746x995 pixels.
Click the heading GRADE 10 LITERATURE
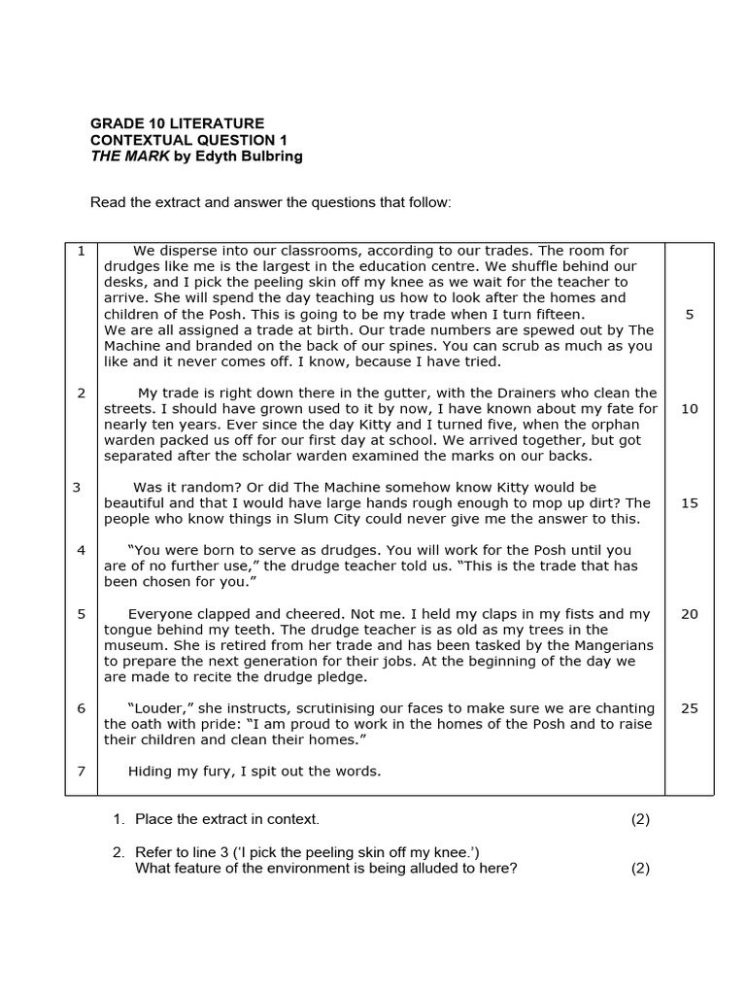click(x=177, y=123)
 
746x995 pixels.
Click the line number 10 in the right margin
click(x=689, y=409)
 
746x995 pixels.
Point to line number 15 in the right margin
click(x=689, y=503)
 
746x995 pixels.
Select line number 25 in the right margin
click(x=689, y=708)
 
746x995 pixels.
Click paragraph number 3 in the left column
click(x=77, y=487)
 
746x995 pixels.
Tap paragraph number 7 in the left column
click(x=82, y=772)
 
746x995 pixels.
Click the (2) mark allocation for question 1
click(x=640, y=819)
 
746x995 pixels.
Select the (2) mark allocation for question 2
click(x=640, y=869)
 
